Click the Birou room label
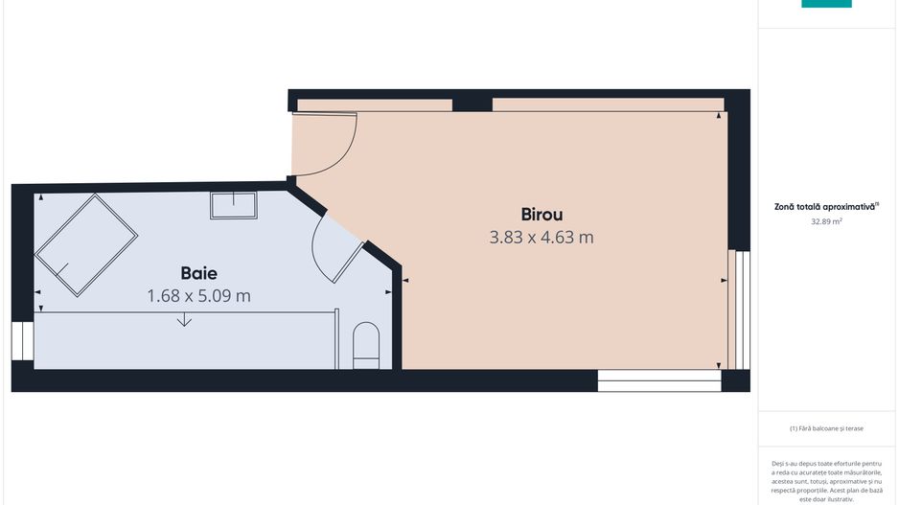click(542, 215)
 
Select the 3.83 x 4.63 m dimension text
click(542, 238)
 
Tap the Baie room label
click(199, 273)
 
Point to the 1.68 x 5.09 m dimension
click(199, 296)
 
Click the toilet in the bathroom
click(366, 346)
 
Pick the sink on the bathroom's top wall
click(233, 205)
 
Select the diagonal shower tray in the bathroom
click(86, 245)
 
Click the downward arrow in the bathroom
click(184, 319)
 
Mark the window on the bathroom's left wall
click(22, 341)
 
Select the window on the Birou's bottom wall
click(659, 380)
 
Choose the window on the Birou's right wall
click(739, 310)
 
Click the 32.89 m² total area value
click(826, 221)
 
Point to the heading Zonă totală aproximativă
click(824, 207)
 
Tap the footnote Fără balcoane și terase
click(826, 428)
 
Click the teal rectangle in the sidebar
click(826, 4)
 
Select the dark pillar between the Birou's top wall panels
click(473, 104)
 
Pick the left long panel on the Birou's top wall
click(375, 105)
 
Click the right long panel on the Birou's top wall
click(609, 104)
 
